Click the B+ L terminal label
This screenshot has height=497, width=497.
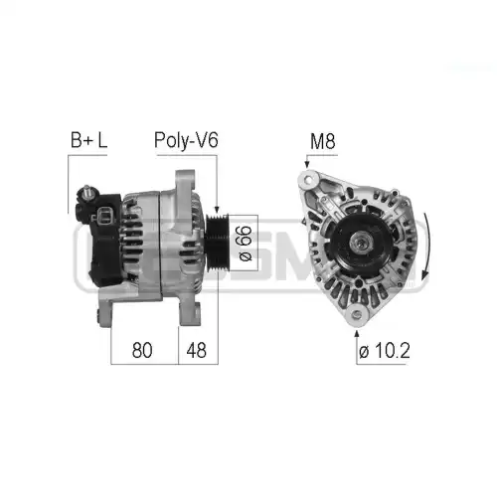coord(88,140)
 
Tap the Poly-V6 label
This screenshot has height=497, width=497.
coord(186,140)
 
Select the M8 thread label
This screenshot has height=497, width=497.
coord(322,141)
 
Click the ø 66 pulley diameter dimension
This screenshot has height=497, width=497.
coord(246,243)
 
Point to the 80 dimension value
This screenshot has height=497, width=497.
coord(142,350)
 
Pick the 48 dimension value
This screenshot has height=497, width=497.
coord(196,350)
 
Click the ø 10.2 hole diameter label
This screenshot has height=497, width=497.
coord(385,350)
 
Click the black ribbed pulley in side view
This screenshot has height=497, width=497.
coord(217,242)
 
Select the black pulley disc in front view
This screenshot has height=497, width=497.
coord(360,244)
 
